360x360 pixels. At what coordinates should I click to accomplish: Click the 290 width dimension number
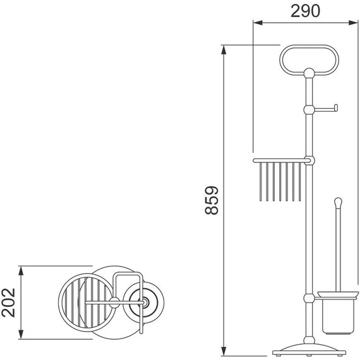305,11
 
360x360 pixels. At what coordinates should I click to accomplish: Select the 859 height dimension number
212,200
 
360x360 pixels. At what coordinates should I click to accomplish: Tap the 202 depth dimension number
8,303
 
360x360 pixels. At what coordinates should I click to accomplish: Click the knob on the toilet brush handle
338,202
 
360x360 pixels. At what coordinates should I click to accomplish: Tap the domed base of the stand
309,349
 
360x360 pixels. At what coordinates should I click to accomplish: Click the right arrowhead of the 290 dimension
353,23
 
